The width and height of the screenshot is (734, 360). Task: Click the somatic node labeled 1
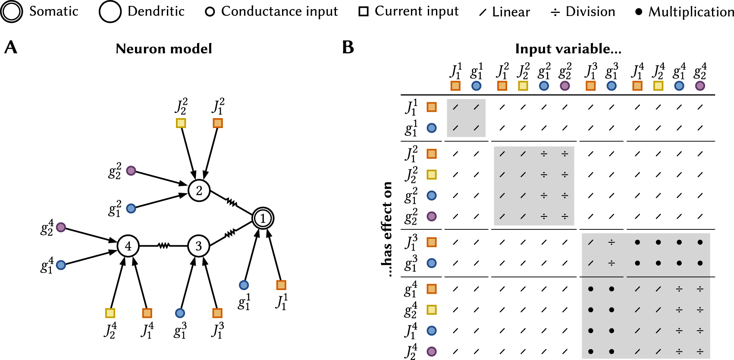pyautogui.click(x=263, y=218)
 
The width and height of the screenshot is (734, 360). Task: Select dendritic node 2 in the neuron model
pyautogui.click(x=199, y=191)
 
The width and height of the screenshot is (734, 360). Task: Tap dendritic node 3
pyautogui.click(x=198, y=246)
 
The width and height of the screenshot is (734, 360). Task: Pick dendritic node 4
pyautogui.click(x=128, y=246)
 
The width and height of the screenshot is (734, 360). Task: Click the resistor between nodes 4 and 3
pyautogui.click(x=163, y=246)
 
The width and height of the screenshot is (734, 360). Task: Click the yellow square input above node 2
pyautogui.click(x=181, y=123)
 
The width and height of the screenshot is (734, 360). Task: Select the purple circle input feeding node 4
pyautogui.click(x=61, y=227)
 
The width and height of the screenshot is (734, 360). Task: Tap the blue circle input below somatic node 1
pyautogui.click(x=244, y=285)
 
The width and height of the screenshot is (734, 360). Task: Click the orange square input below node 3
pyautogui.click(x=217, y=313)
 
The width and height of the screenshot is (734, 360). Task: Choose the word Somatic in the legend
pyautogui.click(x=53, y=11)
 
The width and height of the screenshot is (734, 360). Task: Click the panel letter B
pyautogui.click(x=348, y=47)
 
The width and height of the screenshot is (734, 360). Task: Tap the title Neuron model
pyautogui.click(x=164, y=49)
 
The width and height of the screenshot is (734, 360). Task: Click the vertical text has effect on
pyautogui.click(x=387, y=229)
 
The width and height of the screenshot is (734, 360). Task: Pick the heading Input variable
pyautogui.click(x=568, y=49)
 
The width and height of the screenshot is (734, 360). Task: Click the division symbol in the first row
pyautogui.click(x=544, y=153)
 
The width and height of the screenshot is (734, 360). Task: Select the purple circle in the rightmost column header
pyautogui.click(x=700, y=86)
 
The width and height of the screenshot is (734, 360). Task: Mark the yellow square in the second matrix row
pyautogui.click(x=431, y=174)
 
